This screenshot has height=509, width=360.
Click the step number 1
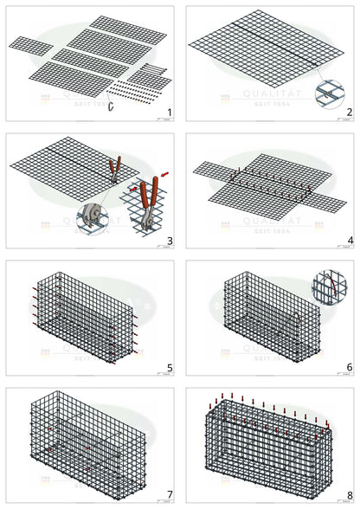coord(170,113)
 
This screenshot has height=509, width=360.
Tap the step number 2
coord(348,113)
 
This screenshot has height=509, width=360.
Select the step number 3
coord(170,240)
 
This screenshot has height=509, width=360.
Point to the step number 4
coord(348,240)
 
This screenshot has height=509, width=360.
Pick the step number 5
coord(170,368)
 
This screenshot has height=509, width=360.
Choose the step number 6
coord(348,368)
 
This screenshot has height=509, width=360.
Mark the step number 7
coord(170,495)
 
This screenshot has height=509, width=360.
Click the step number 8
coord(348,495)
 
